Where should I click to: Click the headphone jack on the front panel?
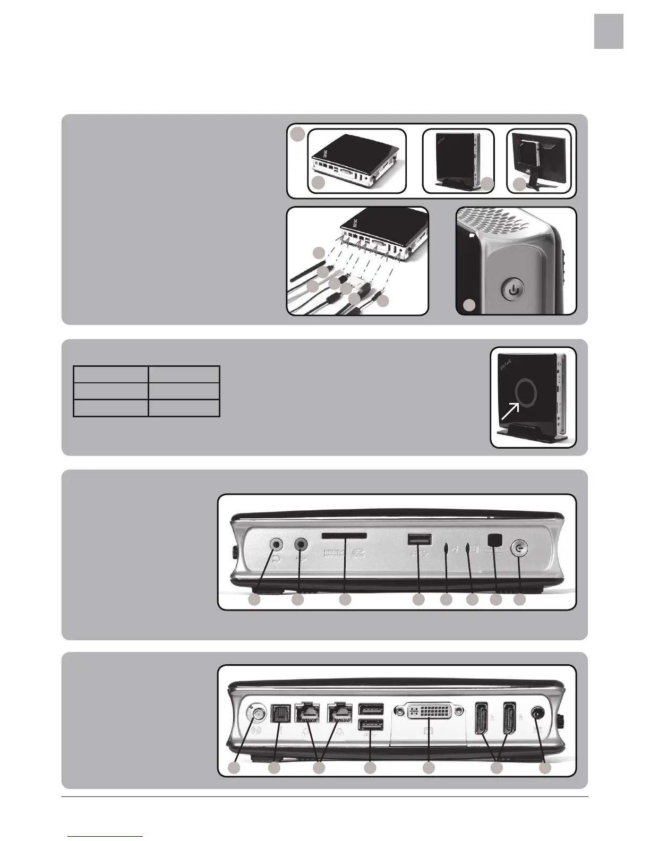(x=276, y=544)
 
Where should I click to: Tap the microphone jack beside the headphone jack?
(x=302, y=544)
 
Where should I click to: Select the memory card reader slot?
(x=345, y=538)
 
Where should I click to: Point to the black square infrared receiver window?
(x=495, y=539)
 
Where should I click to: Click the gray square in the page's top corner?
(x=608, y=31)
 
